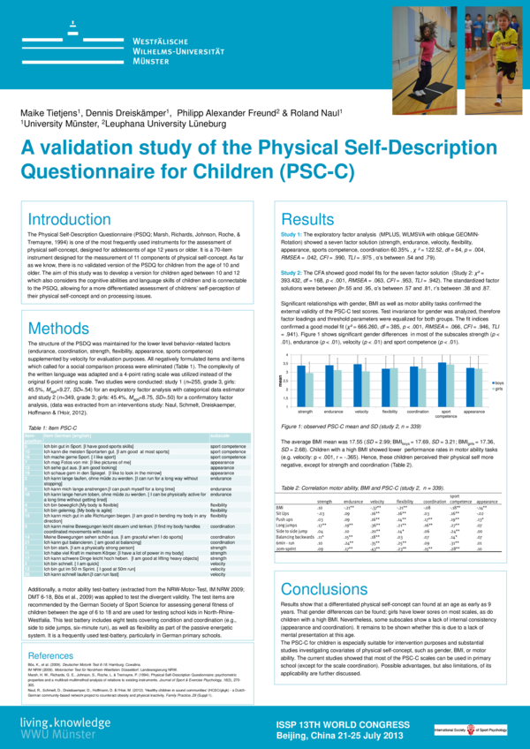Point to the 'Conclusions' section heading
329,565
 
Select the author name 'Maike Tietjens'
53,114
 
